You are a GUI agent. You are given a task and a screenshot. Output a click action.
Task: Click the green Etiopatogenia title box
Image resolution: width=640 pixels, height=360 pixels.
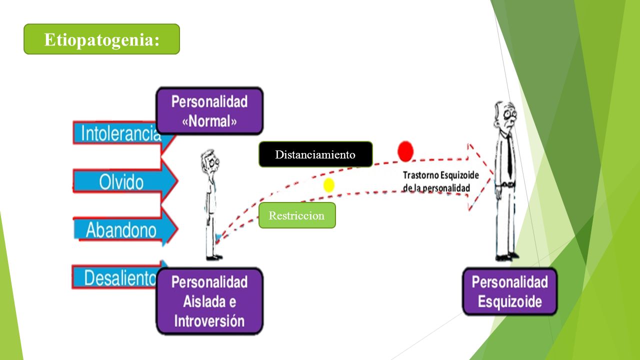click(x=101, y=39)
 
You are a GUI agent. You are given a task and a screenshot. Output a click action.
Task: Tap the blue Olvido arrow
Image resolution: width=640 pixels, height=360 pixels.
click(x=125, y=181)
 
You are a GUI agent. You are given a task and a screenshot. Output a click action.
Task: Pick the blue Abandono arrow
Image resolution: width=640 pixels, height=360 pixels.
click(x=125, y=229)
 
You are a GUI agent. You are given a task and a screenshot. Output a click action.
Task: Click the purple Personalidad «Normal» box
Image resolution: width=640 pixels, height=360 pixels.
click(x=209, y=111)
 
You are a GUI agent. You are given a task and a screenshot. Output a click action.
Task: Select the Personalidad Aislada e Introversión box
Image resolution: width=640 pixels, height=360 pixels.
click(x=209, y=301)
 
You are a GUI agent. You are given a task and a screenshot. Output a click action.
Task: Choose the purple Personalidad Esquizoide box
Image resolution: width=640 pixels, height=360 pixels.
click(x=509, y=291)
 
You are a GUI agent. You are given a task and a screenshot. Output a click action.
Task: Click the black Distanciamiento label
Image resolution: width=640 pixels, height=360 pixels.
click(x=315, y=154)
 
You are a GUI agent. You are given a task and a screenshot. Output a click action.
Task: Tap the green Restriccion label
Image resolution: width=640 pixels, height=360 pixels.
click(x=297, y=215)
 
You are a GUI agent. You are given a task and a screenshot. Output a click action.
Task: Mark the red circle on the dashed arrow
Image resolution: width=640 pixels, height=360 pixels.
click(x=405, y=151)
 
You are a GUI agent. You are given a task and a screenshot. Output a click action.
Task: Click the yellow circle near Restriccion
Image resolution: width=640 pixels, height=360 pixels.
click(x=329, y=185)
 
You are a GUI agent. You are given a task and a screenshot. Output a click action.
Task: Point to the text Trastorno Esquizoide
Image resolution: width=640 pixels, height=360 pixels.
click(x=441, y=175)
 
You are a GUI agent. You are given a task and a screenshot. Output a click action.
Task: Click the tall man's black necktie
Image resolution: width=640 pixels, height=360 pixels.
click(x=509, y=155)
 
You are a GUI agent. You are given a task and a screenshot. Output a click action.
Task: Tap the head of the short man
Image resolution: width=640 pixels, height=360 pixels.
click(x=210, y=161)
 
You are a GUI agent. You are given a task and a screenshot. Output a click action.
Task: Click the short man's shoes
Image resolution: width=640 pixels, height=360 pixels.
click(x=214, y=257)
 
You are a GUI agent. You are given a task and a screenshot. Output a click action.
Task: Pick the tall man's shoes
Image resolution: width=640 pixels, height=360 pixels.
click(x=507, y=257)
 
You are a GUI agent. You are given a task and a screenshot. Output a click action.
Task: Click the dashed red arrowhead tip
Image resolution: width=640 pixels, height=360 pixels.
click(x=493, y=173)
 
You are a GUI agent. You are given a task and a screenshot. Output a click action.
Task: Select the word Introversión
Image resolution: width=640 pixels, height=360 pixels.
click(x=209, y=321)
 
